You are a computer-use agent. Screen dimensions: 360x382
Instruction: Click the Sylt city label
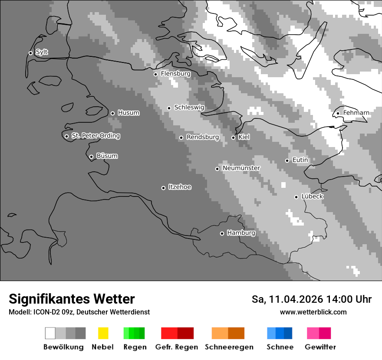click(42, 52)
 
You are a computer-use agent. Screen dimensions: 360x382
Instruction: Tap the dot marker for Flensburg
click(155, 74)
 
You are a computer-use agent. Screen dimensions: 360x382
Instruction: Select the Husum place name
click(128, 113)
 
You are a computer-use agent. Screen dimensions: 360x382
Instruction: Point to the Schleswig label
click(189, 107)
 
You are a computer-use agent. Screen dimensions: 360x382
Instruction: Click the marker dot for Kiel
click(233, 137)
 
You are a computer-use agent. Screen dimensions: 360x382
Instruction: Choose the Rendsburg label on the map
click(202, 137)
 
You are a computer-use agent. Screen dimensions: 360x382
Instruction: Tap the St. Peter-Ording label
click(95, 136)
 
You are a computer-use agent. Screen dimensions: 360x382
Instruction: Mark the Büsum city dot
click(91, 157)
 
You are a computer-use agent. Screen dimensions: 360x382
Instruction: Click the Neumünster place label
click(241, 168)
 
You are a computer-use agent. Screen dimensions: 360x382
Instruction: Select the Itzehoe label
click(180, 187)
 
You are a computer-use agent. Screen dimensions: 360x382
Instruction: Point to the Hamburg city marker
click(222, 233)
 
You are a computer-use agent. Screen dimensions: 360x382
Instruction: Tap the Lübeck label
click(312, 196)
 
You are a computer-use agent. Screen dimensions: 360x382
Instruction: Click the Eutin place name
click(300, 160)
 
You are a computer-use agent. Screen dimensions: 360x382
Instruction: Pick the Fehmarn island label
click(356, 113)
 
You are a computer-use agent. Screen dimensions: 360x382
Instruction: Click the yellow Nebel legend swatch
click(103, 333)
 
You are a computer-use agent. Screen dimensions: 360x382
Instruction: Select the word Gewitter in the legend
click(320, 347)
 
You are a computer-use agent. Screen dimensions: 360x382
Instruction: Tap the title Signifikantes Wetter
click(72, 299)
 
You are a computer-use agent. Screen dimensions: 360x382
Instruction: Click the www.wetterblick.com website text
click(313, 312)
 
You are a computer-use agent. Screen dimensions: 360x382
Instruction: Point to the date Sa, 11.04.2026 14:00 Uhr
click(311, 299)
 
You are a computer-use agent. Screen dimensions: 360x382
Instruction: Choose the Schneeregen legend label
click(229, 347)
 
